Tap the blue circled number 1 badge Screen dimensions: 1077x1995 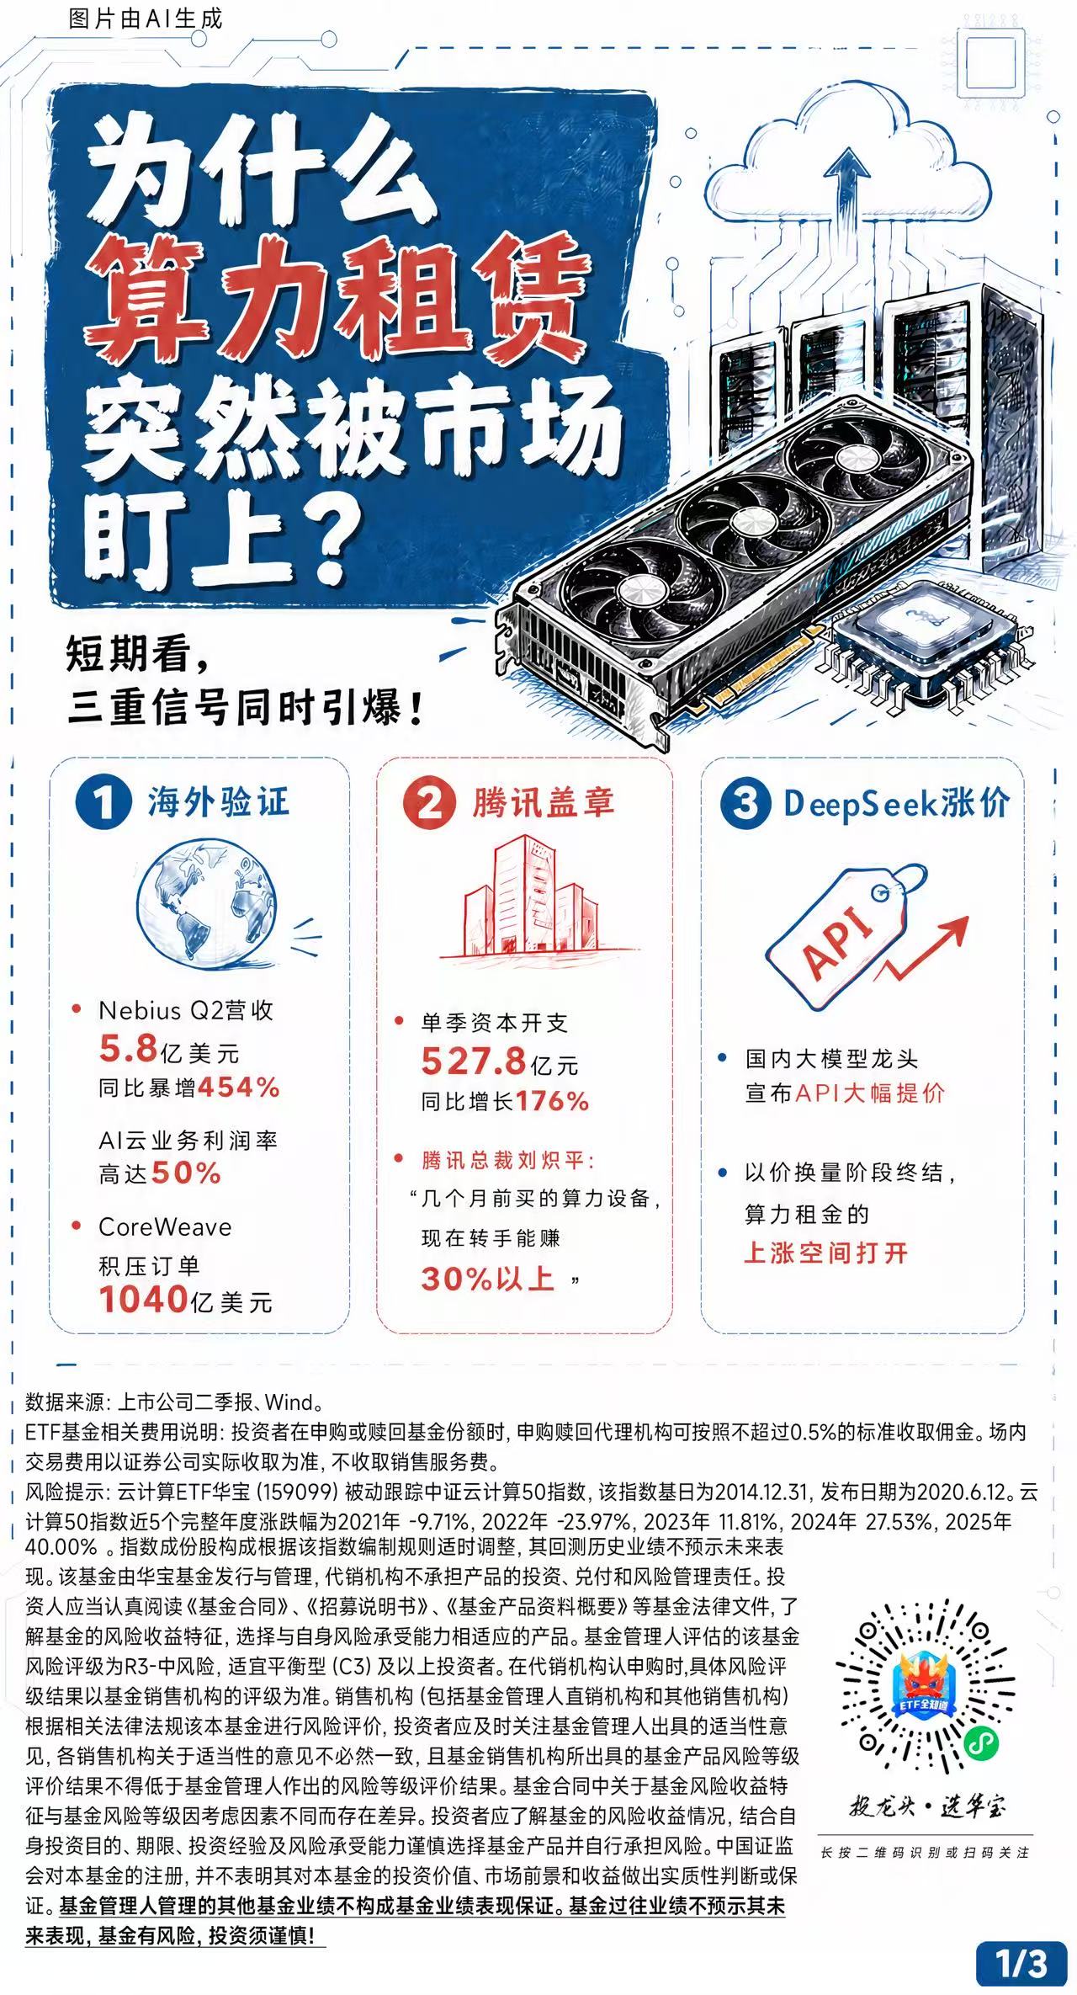tap(103, 801)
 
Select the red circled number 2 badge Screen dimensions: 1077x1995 tap(428, 802)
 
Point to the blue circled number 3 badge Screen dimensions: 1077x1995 tap(745, 802)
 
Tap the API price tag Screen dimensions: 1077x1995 tap(846, 934)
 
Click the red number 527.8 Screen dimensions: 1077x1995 tap(474, 1061)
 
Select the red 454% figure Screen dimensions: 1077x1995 tap(238, 1087)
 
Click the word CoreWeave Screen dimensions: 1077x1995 tap(165, 1226)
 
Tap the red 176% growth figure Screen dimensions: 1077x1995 tap(552, 1101)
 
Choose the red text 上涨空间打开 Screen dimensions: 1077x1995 tap(826, 1253)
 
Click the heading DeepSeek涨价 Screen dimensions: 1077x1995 tap(896, 803)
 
